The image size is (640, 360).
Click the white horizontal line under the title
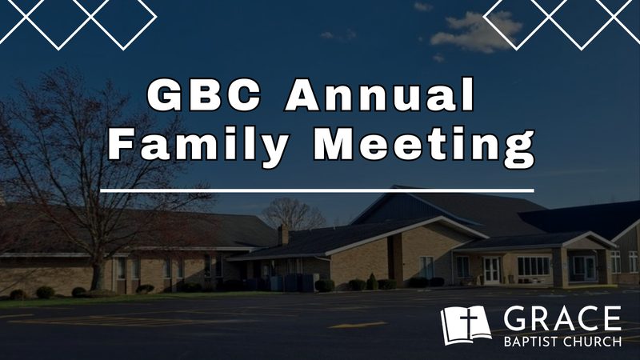point(317,190)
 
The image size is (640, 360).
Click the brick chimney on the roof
point(282,235)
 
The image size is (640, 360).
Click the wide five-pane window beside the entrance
point(534,266)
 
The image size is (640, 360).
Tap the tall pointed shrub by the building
point(371,281)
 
